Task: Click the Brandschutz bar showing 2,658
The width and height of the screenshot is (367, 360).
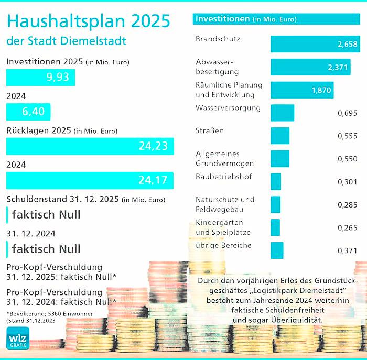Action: (315, 44)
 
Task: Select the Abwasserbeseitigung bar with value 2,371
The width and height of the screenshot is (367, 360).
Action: (310, 67)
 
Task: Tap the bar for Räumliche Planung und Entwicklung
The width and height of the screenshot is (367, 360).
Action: (302, 90)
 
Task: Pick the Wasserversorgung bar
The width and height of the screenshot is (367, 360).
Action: (282, 113)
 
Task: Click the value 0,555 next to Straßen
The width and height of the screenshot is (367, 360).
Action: (348, 135)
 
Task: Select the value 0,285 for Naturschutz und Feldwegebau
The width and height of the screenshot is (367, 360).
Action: (348, 205)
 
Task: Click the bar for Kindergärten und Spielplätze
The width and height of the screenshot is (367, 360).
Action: (275, 227)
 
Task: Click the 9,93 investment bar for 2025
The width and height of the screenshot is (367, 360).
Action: (40, 78)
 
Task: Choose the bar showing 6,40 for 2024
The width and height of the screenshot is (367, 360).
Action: (28, 112)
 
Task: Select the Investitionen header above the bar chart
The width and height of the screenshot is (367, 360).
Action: (222, 19)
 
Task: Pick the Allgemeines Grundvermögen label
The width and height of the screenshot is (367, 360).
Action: (217, 159)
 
